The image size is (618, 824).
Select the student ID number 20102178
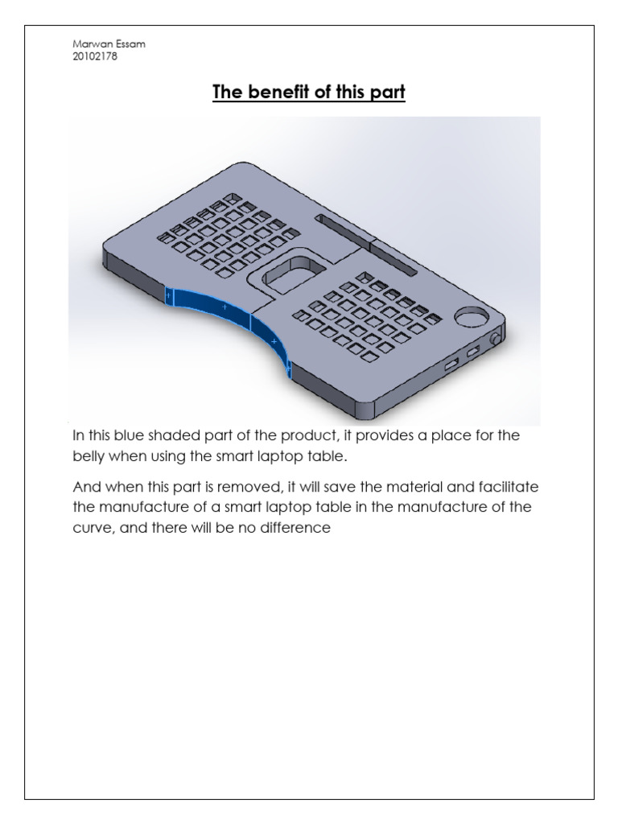95,57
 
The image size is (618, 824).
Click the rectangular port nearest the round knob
473,351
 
